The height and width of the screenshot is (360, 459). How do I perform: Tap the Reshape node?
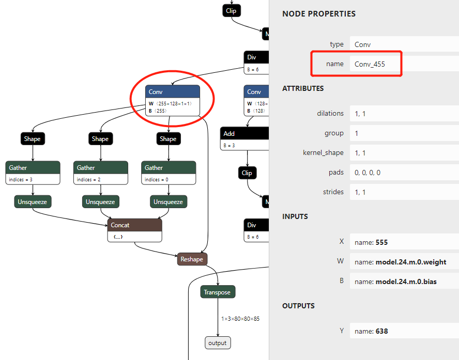[192, 259]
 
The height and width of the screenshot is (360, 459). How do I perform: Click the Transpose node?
[217, 292]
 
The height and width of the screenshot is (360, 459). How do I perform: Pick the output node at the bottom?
[217, 343]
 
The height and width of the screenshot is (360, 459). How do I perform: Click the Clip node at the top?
[232, 10]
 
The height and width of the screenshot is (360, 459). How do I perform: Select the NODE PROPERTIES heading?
[319, 14]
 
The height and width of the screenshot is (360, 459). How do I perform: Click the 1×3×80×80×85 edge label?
[240, 319]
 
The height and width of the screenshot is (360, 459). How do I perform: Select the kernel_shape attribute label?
[323, 153]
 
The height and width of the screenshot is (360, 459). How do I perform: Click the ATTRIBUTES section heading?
[303, 88]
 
